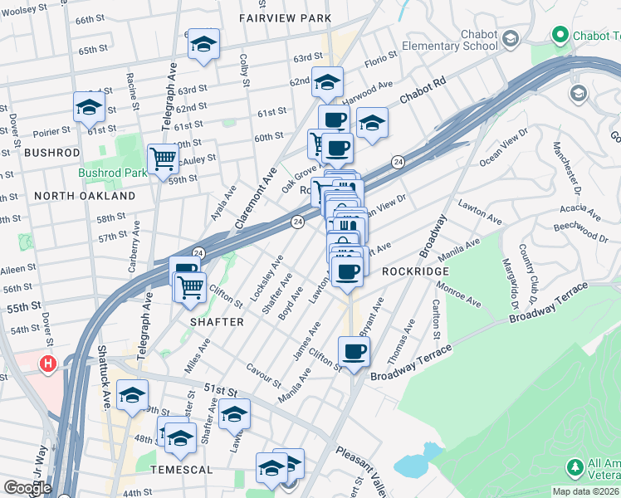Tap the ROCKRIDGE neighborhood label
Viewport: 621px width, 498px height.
(415, 271)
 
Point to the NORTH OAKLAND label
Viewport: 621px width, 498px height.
(86, 196)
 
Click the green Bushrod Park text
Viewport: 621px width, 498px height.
(112, 173)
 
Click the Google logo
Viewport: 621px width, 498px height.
(27, 487)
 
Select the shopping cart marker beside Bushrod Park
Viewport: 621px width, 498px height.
(163, 157)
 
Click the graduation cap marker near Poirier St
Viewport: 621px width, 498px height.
(89, 106)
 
